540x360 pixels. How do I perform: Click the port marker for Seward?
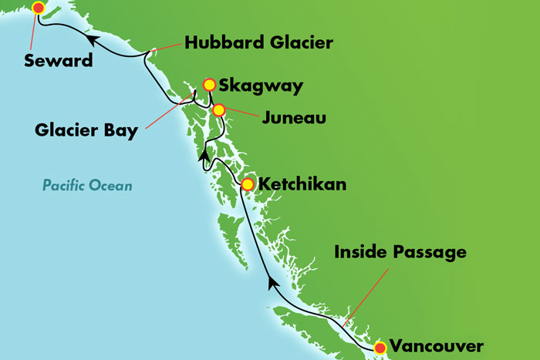click(x=38, y=8)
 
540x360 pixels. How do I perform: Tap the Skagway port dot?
click(x=208, y=84)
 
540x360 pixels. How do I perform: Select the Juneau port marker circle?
click(x=219, y=110)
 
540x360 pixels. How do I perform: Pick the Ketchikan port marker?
click(x=247, y=184)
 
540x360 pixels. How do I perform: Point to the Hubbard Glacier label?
click(x=259, y=43)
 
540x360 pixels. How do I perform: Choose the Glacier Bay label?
click(x=86, y=130)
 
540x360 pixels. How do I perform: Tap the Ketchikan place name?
click(x=302, y=185)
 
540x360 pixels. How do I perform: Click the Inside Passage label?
click(x=400, y=252)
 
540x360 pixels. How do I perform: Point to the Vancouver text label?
click(x=437, y=346)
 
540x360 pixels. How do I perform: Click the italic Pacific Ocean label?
click(x=87, y=185)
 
